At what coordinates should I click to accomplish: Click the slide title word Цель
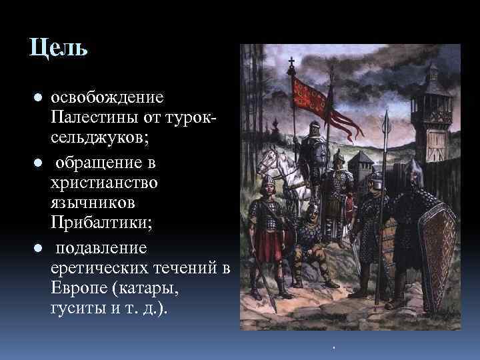[58, 49]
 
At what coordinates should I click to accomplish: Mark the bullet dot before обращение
[39, 161]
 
